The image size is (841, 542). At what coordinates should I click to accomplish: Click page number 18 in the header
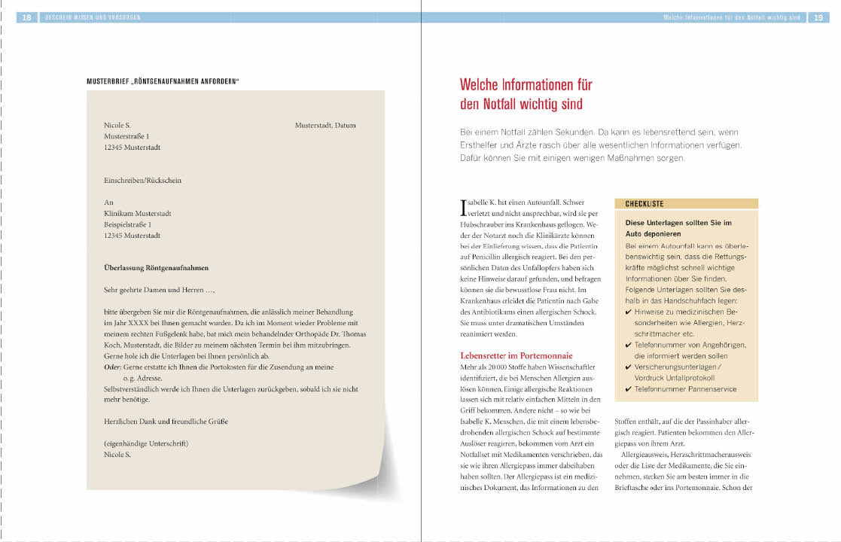[x=26, y=17]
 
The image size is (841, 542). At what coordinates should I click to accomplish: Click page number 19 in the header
[x=818, y=17]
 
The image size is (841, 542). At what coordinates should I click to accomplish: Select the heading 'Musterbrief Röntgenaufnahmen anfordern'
[x=163, y=81]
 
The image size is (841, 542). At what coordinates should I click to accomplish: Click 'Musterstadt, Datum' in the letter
[x=325, y=126]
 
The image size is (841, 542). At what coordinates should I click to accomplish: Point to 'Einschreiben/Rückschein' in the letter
[x=143, y=181]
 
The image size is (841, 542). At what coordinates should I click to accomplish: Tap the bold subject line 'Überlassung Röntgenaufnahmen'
[x=157, y=267]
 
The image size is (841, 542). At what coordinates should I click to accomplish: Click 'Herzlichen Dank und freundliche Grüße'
[x=166, y=422]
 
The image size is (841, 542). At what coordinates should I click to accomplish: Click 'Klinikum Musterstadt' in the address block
[x=138, y=214]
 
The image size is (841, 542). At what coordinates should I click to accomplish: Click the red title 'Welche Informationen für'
[x=526, y=84]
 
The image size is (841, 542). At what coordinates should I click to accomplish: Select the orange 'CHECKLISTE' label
[x=644, y=204]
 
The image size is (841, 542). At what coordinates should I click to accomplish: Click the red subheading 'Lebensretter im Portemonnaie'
[x=516, y=355]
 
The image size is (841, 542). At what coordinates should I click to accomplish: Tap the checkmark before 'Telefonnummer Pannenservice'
[x=629, y=389]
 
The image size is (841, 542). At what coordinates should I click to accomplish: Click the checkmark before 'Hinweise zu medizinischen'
[x=629, y=312]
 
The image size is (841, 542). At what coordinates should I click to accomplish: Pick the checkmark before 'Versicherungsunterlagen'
[x=629, y=367]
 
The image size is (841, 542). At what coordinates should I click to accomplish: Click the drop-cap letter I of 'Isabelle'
[x=462, y=206]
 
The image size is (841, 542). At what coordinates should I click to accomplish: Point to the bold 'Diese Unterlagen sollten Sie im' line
[x=678, y=224]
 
